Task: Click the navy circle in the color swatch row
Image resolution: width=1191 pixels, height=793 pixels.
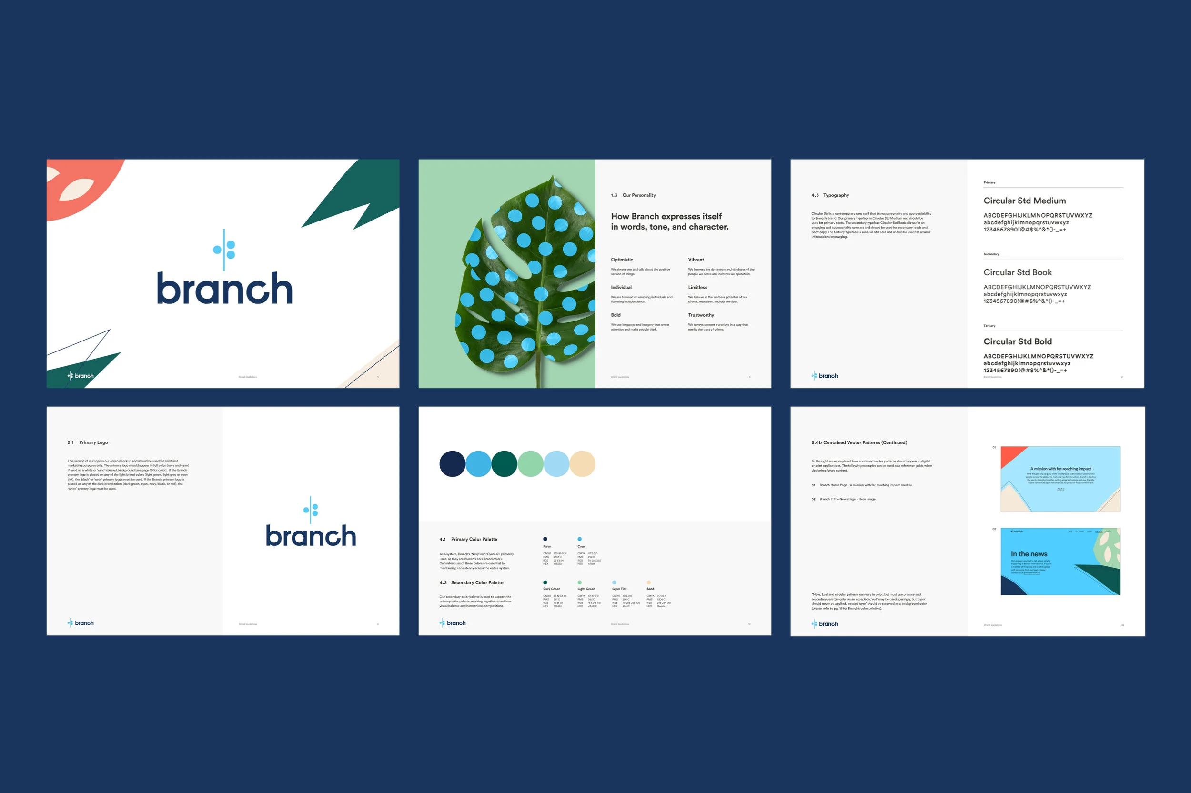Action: (x=452, y=464)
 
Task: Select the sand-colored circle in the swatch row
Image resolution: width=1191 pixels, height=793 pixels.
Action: (x=583, y=464)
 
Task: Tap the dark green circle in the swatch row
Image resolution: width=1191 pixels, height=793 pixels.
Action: (x=504, y=464)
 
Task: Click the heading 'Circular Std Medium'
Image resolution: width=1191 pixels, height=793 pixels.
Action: (x=1024, y=201)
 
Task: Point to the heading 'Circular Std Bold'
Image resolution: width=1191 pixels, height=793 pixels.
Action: (x=1017, y=341)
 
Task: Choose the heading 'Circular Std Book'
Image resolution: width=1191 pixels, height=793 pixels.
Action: (x=1017, y=272)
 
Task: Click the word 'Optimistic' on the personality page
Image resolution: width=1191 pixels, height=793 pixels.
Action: (x=622, y=260)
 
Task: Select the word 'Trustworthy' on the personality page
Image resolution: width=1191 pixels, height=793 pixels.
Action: (x=700, y=315)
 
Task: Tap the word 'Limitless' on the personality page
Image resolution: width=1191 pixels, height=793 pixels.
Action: (x=697, y=287)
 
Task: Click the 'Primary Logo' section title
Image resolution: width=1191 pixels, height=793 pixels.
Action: (x=93, y=442)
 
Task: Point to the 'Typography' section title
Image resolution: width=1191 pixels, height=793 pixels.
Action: (x=836, y=195)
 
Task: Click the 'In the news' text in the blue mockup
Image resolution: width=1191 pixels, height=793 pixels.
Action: (x=1029, y=554)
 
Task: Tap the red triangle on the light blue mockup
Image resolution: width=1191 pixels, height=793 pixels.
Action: (x=1009, y=455)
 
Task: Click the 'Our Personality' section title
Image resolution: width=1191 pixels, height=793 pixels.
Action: (x=639, y=195)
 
